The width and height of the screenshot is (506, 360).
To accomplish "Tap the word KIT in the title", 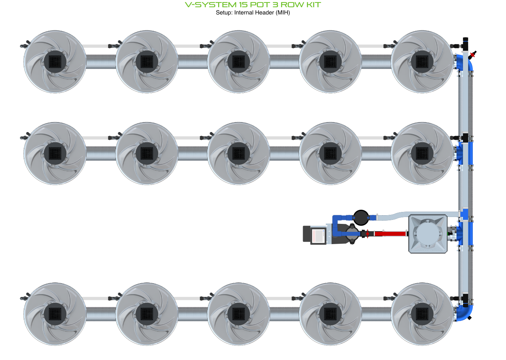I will point(312,5).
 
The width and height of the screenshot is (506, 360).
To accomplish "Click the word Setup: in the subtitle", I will point(224,13).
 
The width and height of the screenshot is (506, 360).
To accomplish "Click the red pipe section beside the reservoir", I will point(390,234).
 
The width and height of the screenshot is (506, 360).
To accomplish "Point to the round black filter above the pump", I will point(361,218).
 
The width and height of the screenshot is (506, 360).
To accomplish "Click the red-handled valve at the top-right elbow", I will point(472,55).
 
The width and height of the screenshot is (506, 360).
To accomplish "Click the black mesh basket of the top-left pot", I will point(55,61).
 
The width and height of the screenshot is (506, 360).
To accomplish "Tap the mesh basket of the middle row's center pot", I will point(238,153).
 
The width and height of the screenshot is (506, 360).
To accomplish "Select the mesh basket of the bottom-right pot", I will point(422,314).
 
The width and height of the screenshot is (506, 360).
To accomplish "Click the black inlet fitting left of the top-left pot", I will point(25,45).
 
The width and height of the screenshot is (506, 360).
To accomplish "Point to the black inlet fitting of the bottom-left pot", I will point(25,298).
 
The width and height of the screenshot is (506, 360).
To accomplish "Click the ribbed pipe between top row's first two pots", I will point(101,61).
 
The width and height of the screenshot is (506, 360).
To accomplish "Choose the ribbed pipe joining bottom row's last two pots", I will point(376,314).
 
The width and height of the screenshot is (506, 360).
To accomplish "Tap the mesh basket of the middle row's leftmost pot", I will point(55,153).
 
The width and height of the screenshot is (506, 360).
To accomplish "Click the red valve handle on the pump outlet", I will point(367,234).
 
